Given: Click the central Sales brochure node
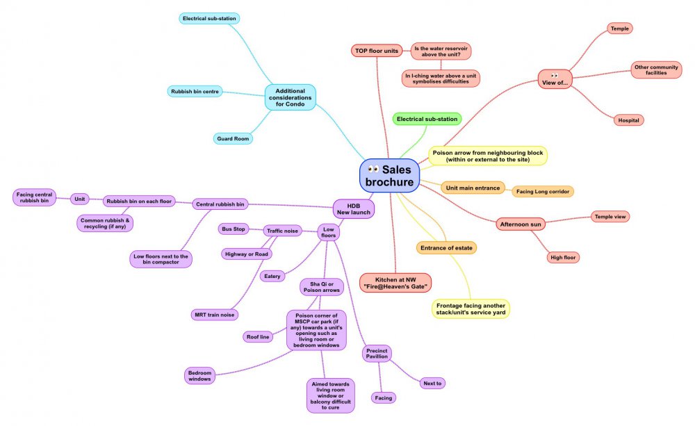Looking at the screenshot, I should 390,175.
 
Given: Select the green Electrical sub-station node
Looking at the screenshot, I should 427,119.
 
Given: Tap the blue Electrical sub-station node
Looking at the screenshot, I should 211,18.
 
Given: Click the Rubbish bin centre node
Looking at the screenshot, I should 195,91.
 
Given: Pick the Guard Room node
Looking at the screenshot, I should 233,138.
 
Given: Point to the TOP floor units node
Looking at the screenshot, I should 376,51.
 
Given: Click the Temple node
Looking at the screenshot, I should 619,28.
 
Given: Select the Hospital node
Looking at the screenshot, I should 628,120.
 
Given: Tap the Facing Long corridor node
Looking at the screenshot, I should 544,191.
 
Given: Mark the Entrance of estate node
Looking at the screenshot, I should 442,247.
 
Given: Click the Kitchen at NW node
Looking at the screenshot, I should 395,283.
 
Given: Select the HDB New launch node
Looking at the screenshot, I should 354,208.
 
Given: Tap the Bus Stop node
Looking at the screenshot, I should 234,229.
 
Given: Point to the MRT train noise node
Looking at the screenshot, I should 215,315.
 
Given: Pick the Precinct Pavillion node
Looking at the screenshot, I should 377,354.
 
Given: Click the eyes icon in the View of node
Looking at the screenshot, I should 554,75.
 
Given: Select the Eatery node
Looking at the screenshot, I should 272,277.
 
